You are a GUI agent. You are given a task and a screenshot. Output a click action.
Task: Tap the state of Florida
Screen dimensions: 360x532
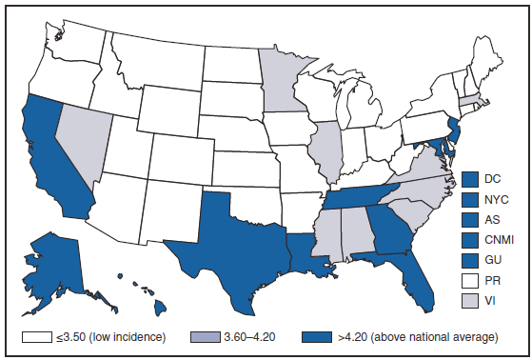pos(416,282)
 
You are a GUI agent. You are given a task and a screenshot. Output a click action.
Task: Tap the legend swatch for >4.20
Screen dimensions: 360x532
pos(317,337)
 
